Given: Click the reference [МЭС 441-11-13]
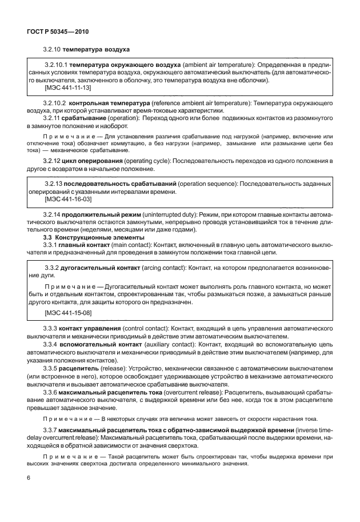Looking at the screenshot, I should click(x=68, y=88).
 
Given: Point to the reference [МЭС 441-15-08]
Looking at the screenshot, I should click(x=68, y=313).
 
